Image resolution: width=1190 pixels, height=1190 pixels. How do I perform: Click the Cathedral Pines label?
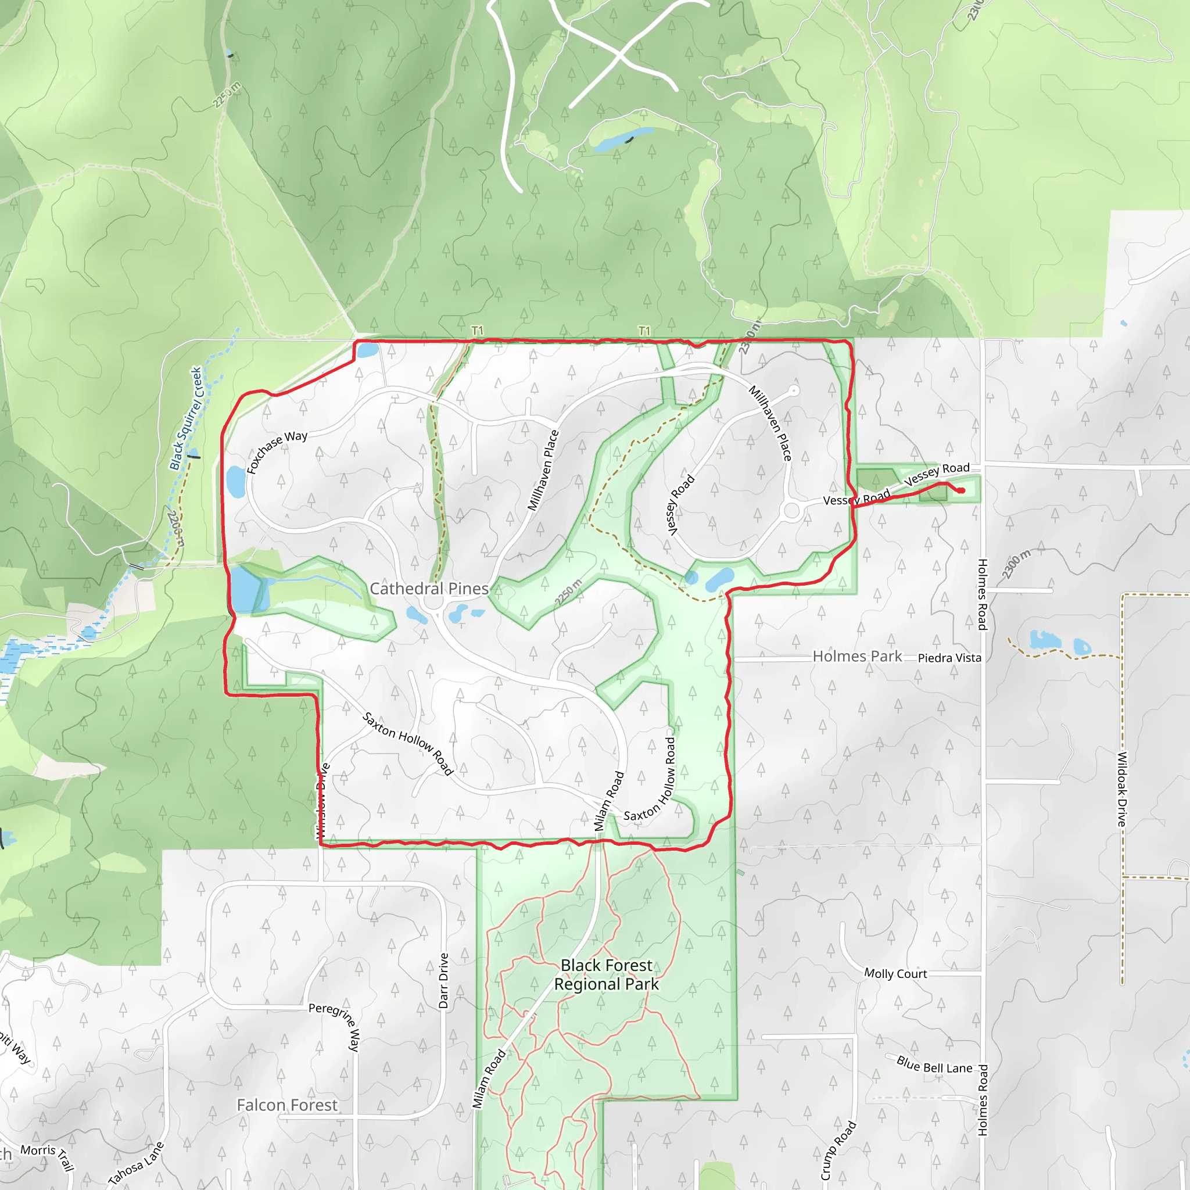[x=429, y=589]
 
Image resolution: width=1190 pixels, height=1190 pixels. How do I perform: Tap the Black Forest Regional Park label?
[x=606, y=974]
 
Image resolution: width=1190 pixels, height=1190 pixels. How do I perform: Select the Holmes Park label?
[x=857, y=656]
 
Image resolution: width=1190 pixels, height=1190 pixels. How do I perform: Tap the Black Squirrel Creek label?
[x=186, y=418]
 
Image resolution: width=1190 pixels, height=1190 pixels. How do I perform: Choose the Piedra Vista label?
[x=949, y=658]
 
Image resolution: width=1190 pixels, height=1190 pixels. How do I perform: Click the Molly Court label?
[x=895, y=974]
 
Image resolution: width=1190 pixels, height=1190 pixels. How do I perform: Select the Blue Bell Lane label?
[x=934, y=1064]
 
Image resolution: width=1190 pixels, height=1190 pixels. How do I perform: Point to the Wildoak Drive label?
[x=1122, y=789]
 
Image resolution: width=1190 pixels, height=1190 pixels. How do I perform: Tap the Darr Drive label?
[x=443, y=981]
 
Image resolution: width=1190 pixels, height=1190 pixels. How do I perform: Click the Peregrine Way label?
[x=336, y=1026]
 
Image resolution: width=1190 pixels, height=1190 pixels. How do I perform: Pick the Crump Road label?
[x=838, y=1150]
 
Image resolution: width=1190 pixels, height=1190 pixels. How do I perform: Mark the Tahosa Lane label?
[x=136, y=1163]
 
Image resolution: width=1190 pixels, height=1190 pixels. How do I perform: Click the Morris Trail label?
[x=48, y=1157]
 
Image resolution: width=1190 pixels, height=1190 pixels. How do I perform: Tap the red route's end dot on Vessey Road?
[x=961, y=490]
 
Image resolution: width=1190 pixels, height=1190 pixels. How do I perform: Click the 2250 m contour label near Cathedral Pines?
[x=568, y=592]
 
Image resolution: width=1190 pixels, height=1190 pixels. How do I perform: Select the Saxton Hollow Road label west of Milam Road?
[x=408, y=743]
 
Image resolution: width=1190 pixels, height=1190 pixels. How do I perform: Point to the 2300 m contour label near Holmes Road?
[x=1016, y=564]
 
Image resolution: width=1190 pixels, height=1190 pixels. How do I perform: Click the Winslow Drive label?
[x=322, y=801]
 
